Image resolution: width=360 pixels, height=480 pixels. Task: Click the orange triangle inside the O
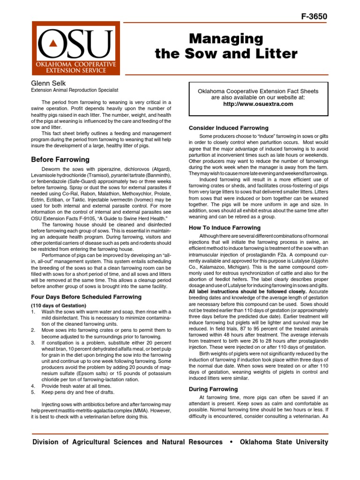(x=53, y=43)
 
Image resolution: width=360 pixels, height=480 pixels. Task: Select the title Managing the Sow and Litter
(x=226, y=46)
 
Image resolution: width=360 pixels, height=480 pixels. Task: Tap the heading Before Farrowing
(x=60, y=159)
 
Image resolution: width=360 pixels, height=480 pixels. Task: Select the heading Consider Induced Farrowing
(x=228, y=127)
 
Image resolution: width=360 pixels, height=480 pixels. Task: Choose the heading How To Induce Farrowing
(x=224, y=228)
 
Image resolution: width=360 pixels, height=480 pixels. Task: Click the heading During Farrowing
(x=213, y=389)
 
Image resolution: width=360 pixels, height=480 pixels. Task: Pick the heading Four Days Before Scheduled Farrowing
(x=86, y=297)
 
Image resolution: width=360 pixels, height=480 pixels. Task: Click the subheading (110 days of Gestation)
(x=59, y=305)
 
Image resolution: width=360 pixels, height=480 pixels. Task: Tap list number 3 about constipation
(x=33, y=343)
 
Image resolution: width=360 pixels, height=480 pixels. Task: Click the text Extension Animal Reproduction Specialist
(x=75, y=90)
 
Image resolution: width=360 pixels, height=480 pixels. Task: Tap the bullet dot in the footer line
(x=232, y=442)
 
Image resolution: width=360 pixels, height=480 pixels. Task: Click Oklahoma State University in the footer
(x=284, y=442)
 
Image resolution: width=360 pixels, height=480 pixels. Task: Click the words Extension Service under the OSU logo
(x=75, y=70)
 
